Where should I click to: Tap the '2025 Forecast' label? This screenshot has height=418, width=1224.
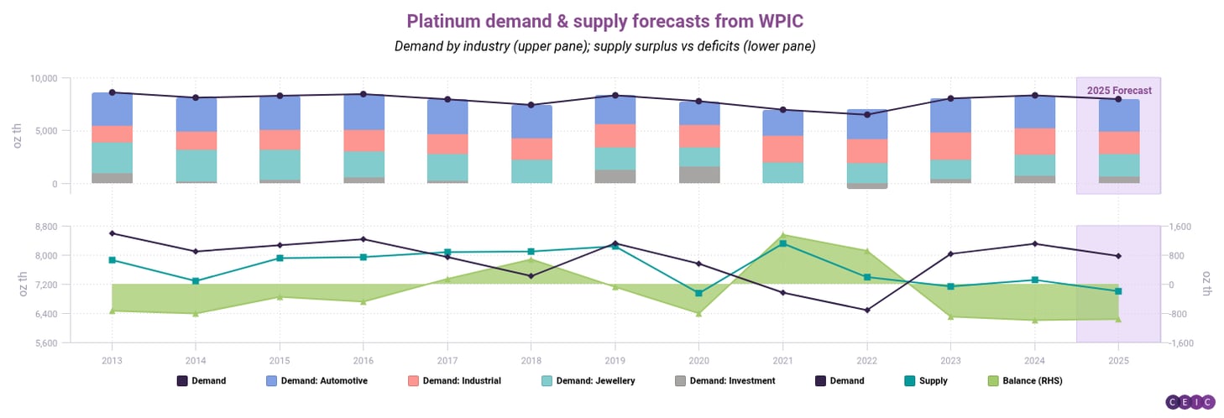pyautogui.click(x=1118, y=91)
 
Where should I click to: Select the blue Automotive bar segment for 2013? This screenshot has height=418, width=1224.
pyautogui.click(x=112, y=109)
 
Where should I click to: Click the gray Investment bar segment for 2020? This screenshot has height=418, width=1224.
pyautogui.click(x=699, y=175)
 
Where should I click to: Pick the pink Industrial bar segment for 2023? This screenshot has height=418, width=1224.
pyautogui.click(x=950, y=146)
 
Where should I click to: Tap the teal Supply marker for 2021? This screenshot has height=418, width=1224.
pyautogui.click(x=783, y=243)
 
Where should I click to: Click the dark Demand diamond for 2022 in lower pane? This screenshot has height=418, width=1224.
pyautogui.click(x=866, y=310)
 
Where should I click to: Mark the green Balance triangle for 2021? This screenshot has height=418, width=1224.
pyautogui.click(x=783, y=235)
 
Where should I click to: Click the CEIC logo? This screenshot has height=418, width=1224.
pyautogui.click(x=1190, y=403)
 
